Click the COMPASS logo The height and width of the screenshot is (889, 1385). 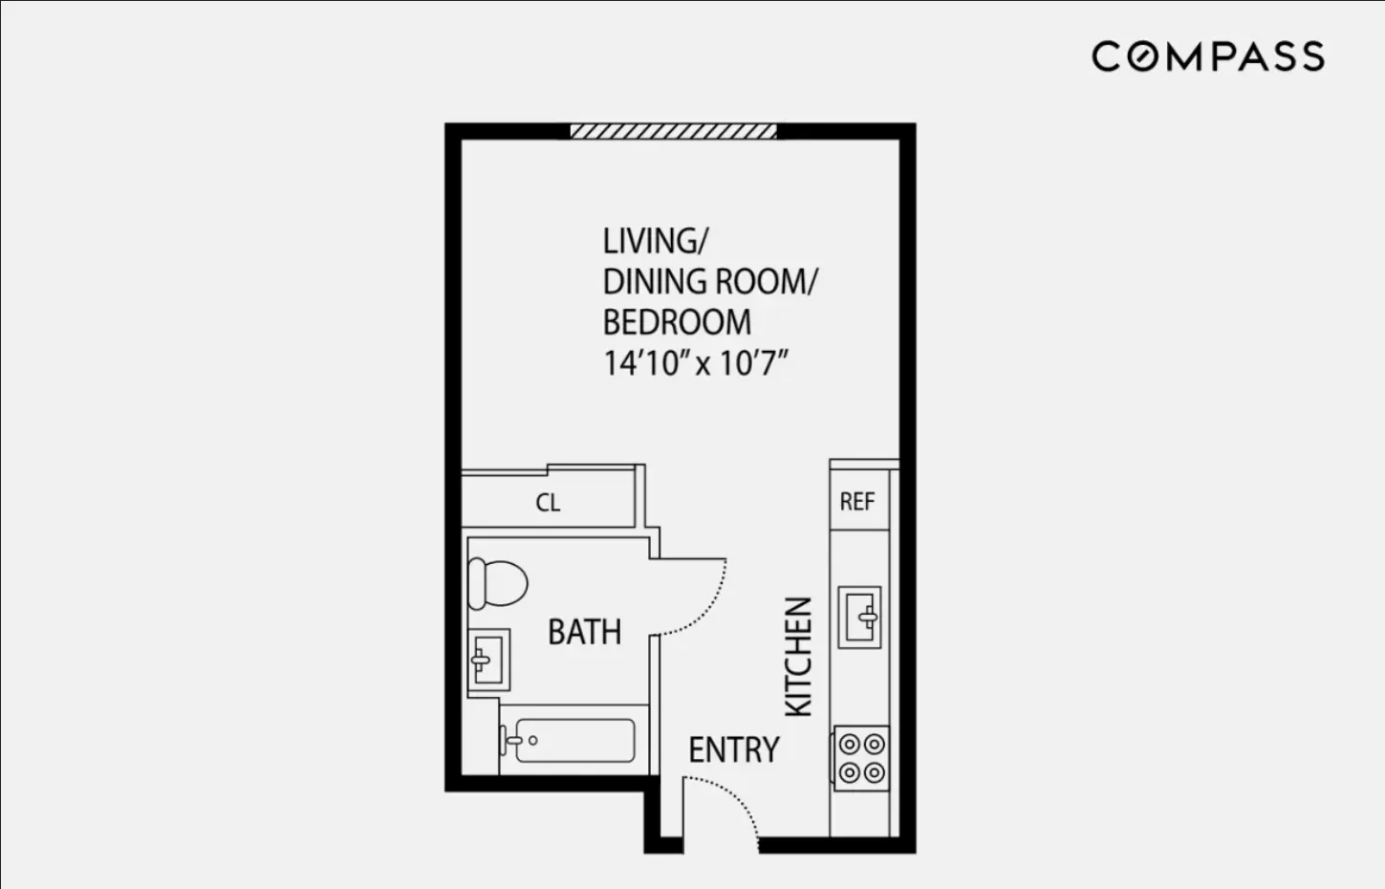(x=1208, y=56)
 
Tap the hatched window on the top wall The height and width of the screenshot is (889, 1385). (x=673, y=131)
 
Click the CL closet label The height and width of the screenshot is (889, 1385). (x=548, y=503)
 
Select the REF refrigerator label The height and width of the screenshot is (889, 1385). (x=857, y=502)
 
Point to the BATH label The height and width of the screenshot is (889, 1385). (x=584, y=632)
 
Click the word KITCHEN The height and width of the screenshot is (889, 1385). (x=798, y=657)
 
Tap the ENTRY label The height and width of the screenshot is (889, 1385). (x=734, y=750)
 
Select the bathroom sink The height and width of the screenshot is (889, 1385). (x=488, y=660)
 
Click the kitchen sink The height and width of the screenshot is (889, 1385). (x=859, y=618)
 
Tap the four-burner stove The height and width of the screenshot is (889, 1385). (x=861, y=758)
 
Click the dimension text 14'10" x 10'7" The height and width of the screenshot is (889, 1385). (x=695, y=364)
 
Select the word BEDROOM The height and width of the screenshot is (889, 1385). (x=677, y=323)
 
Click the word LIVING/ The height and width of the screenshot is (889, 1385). (x=656, y=241)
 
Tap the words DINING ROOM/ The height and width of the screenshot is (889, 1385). (x=710, y=282)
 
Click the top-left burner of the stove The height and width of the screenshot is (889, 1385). (x=849, y=744)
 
